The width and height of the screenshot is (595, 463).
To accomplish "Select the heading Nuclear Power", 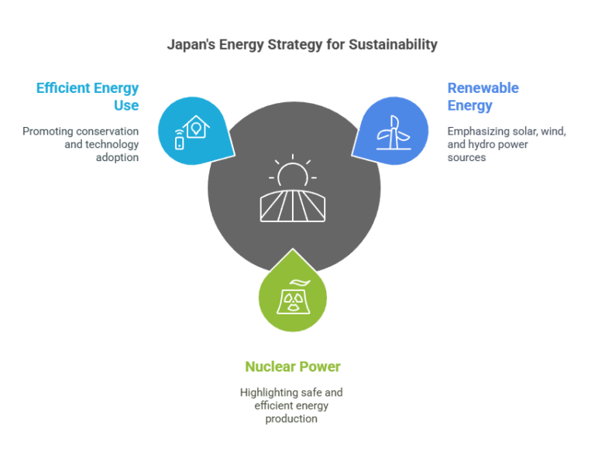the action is tap(293, 367).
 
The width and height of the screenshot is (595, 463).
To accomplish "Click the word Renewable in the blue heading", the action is tap(483, 88).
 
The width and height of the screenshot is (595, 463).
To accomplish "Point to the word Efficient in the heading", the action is tap(64, 88).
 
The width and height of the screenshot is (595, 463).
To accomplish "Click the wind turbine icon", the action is tap(394, 132).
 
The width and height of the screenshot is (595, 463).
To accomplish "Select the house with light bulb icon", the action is tap(196, 127).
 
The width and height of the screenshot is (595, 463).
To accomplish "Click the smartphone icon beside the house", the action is tap(179, 140).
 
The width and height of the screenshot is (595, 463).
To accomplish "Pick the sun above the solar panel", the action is tap(293, 171).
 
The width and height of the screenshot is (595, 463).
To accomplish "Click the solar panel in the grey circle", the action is tap(293, 206).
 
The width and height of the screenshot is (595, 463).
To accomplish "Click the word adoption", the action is tap(117, 158).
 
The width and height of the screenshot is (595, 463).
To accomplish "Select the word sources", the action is tap(466, 158).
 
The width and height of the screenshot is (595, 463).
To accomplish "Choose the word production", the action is tap(291, 419).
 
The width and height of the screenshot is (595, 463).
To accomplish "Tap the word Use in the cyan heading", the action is tap(126, 105).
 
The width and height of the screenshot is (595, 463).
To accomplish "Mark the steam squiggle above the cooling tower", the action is tap(300, 283).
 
